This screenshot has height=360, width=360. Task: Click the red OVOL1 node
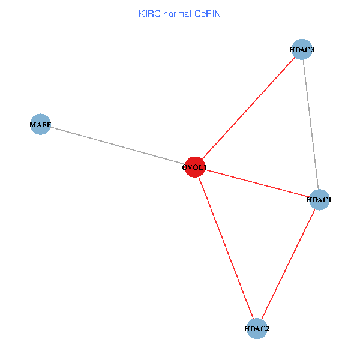click(x=194, y=167)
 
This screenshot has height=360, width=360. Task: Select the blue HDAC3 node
click(x=301, y=50)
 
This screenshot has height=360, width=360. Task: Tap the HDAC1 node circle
click(x=319, y=200)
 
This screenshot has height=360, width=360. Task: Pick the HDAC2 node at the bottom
click(x=257, y=328)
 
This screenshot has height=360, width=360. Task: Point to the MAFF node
click(x=40, y=125)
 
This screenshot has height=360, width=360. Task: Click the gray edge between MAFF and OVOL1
click(x=117, y=146)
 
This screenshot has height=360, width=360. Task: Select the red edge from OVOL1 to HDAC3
click(x=247, y=109)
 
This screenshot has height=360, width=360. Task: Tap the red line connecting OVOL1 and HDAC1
click(x=256, y=184)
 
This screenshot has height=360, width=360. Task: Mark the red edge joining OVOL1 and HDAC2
click(x=225, y=248)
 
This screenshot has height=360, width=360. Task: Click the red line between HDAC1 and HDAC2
click(x=288, y=264)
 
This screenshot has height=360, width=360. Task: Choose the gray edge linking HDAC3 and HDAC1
click(x=310, y=125)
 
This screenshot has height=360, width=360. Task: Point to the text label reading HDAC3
click(x=301, y=50)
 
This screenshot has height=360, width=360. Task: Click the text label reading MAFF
click(x=40, y=125)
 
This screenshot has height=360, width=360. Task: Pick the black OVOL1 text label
click(x=194, y=167)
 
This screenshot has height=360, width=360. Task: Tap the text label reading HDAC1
click(x=319, y=200)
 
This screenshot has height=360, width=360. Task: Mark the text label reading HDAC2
click(x=257, y=328)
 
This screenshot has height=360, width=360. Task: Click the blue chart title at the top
click(x=179, y=13)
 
